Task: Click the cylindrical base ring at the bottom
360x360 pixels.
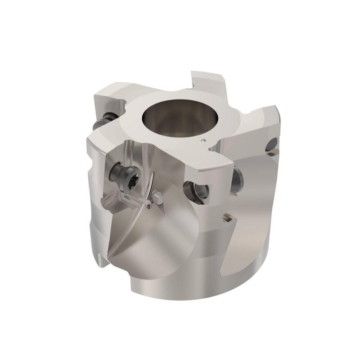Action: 202,283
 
